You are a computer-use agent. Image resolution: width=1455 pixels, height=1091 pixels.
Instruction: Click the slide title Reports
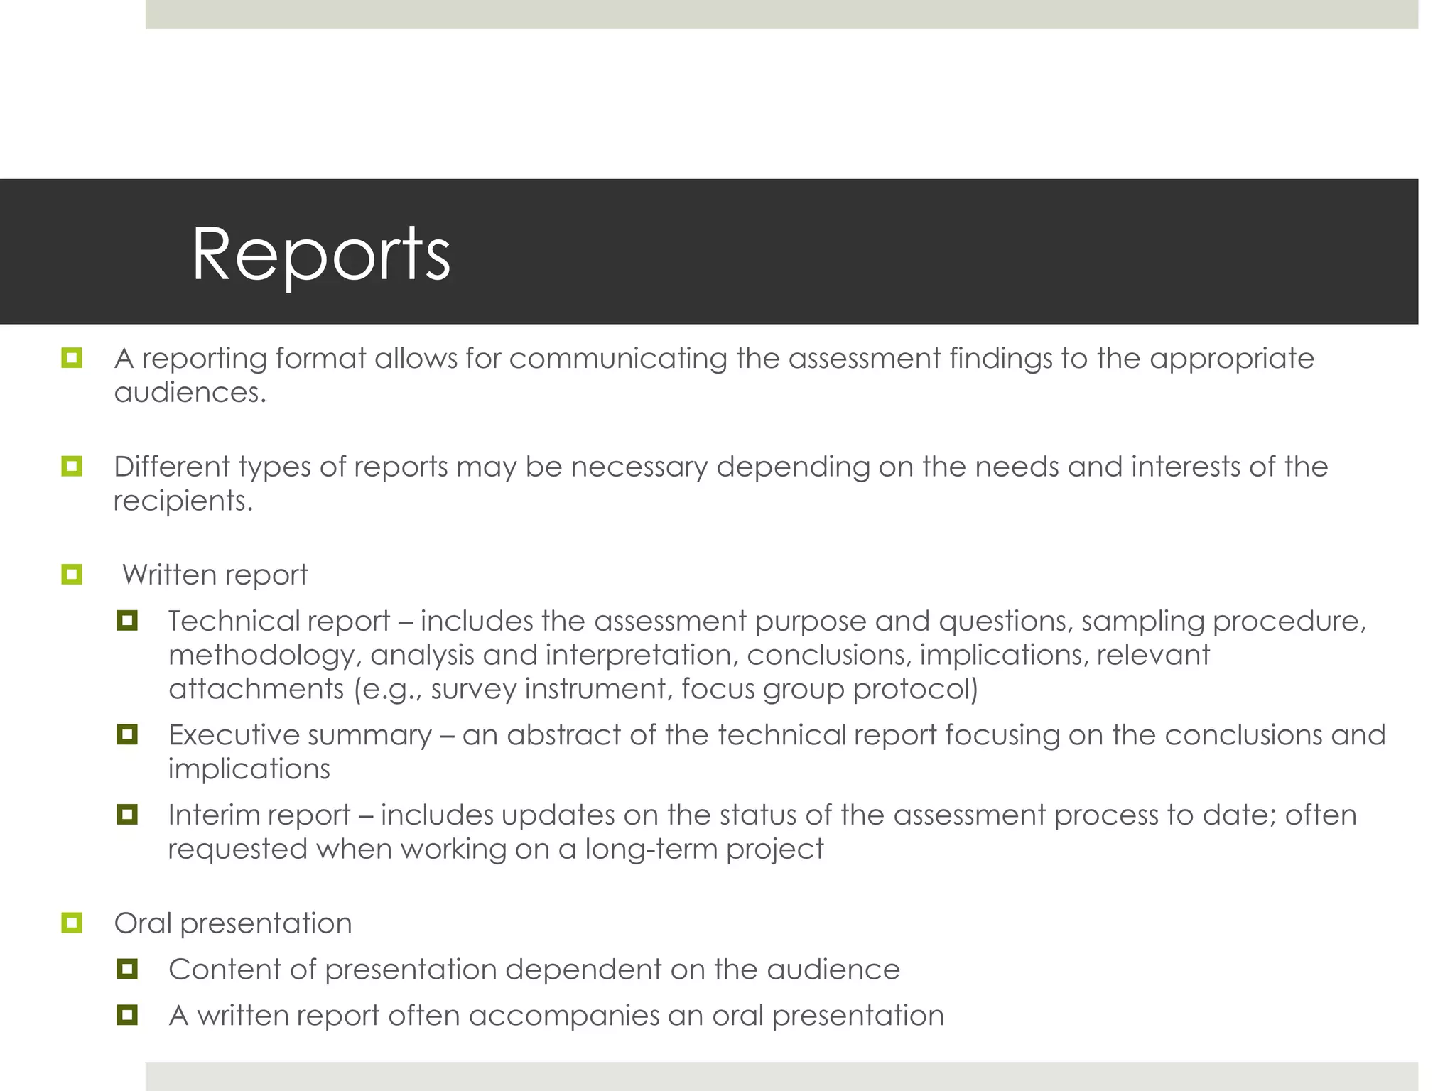320,254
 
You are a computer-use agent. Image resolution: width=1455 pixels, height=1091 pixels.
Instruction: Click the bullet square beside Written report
72,574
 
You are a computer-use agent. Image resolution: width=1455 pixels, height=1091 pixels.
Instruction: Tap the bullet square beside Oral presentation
72,923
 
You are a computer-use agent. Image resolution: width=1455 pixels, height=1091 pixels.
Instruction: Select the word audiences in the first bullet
190,393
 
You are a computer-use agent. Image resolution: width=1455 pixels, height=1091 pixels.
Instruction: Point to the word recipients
183,501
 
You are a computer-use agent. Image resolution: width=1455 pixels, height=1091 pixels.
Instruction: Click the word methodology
261,655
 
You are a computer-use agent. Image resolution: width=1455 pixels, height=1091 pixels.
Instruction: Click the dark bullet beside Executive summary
127,734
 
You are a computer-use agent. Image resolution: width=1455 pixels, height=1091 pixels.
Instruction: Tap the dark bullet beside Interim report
127,814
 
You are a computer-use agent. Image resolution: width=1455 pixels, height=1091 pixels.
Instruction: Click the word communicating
618,359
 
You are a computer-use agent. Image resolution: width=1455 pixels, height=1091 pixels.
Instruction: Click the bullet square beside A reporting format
72,358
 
